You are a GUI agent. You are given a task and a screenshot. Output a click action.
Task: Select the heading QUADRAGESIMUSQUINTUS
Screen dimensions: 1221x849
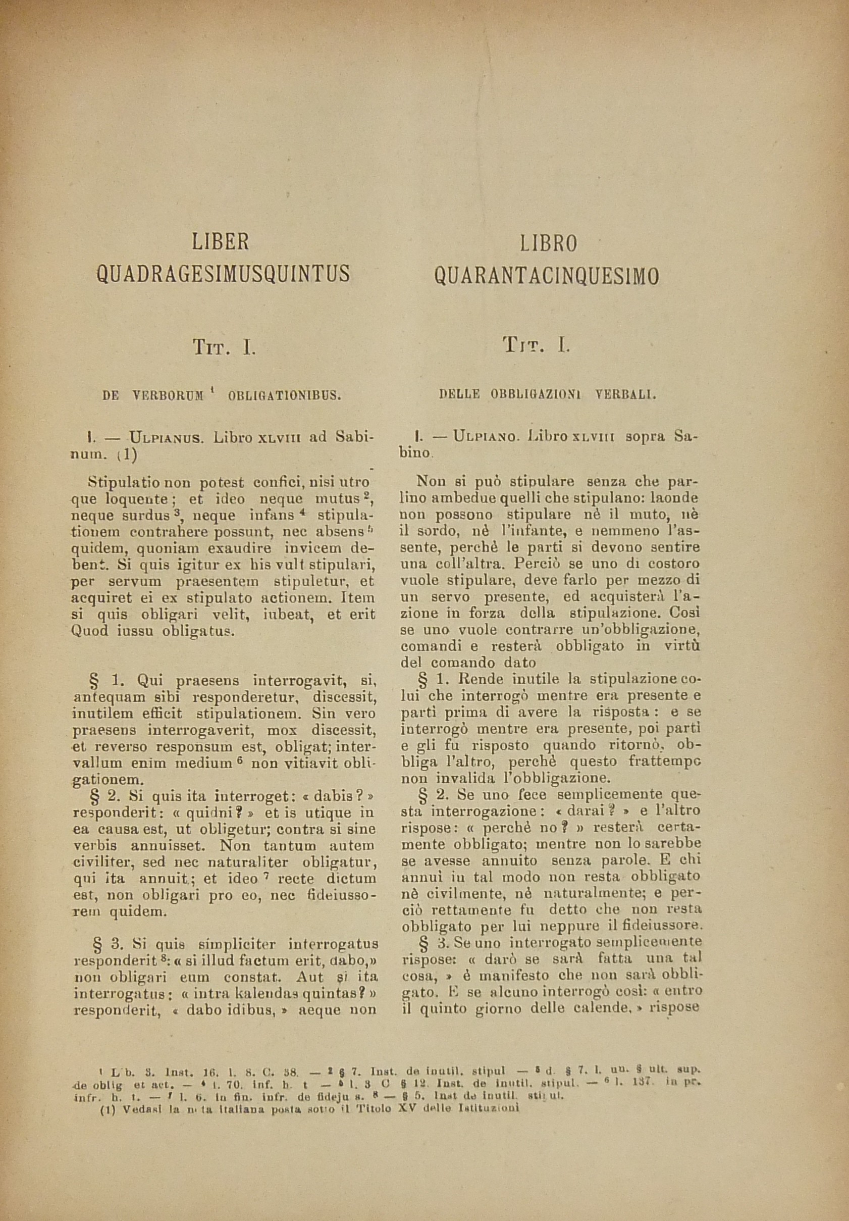[x=223, y=274]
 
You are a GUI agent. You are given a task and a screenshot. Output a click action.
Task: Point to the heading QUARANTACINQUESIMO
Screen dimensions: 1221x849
[x=547, y=276]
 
